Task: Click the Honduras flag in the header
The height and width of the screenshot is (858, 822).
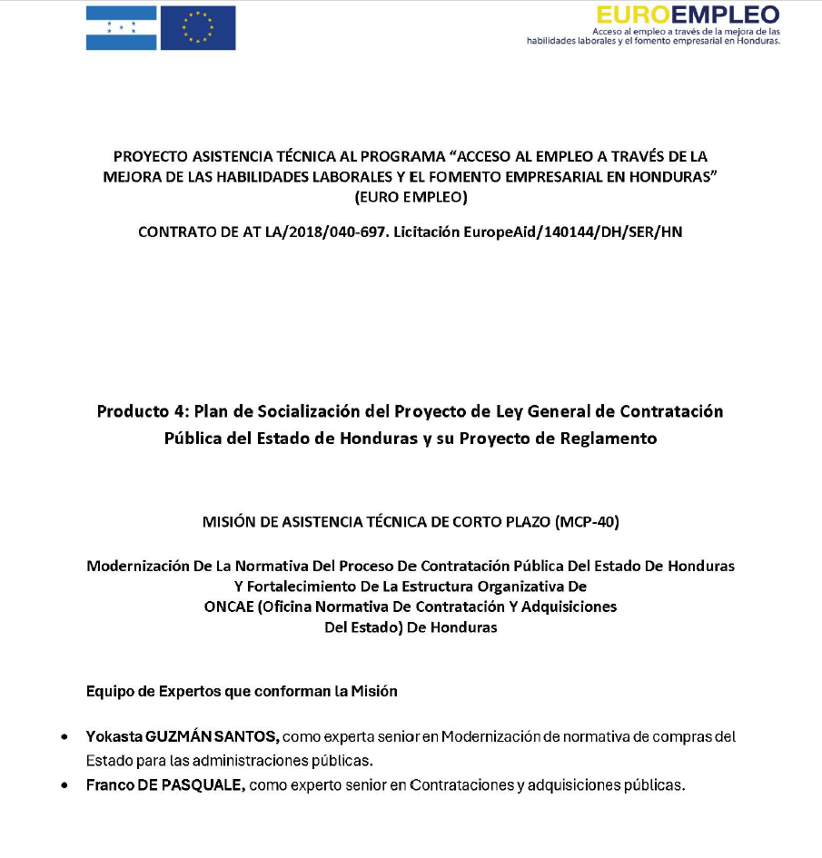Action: click(121, 27)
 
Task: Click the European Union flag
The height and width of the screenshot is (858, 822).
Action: click(196, 27)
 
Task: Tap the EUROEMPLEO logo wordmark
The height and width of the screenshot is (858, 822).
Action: click(688, 15)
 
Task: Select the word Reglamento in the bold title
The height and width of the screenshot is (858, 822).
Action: click(609, 439)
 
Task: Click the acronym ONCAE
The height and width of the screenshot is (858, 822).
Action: click(231, 607)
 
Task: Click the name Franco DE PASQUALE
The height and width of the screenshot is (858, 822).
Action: click(165, 784)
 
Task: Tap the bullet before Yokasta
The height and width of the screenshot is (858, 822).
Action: click(65, 736)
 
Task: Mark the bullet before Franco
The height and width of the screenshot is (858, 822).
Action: click(65, 785)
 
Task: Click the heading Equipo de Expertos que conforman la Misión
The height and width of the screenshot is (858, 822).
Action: click(242, 691)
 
